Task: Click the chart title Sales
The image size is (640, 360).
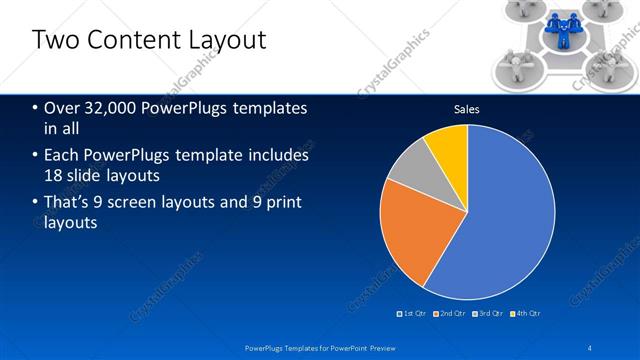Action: point(466,109)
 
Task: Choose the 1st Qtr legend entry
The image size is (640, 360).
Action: point(414,313)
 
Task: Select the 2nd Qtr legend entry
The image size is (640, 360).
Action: point(453,313)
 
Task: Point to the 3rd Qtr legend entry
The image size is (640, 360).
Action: point(489,313)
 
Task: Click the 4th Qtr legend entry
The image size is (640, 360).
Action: point(526,313)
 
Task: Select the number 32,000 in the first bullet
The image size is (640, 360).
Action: point(113,108)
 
